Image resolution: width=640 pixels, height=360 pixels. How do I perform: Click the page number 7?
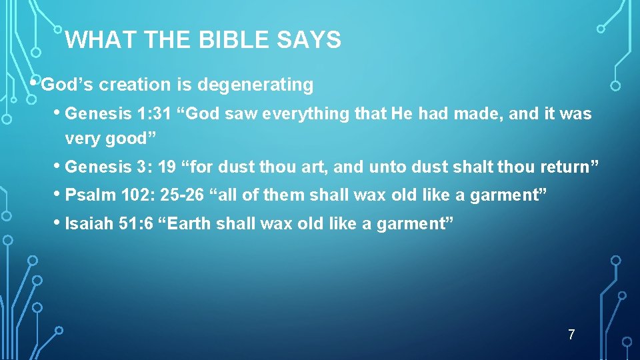[x=571, y=335]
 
